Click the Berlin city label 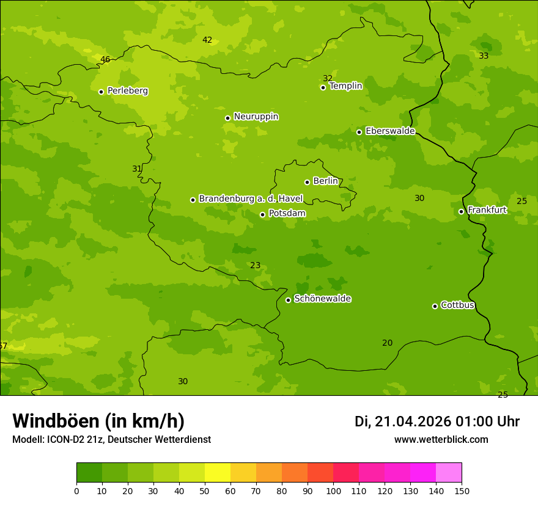pos(325,181)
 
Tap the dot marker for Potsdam pos(263,214)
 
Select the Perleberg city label pos(128,91)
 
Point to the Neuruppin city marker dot pos(227,118)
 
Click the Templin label pos(346,86)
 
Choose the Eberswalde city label pos(390,131)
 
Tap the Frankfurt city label pos(487,210)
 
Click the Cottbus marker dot pos(435,306)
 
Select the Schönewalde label pos(323,299)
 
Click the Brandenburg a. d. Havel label pos(251,199)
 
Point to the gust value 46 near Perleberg pos(105,60)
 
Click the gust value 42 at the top pos(207,40)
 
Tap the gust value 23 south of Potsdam pos(255,266)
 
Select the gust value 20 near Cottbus pos(387,343)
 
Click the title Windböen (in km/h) pos(98,421)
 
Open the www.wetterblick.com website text pos(441,440)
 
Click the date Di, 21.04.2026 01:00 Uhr pos(437,421)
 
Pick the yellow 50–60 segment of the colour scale pos(218,473)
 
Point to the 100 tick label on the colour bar pos(333,491)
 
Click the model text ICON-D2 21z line pos(111,440)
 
